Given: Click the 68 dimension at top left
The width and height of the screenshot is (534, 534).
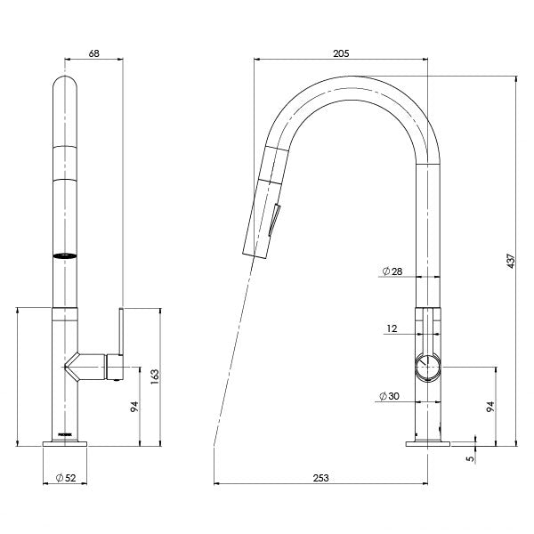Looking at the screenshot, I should click(93, 53).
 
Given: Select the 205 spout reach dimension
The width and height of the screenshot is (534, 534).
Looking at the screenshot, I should click(340, 53).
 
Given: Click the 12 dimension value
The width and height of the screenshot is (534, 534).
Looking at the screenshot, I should click(392, 328).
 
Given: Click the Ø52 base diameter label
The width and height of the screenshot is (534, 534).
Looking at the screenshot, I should click(67, 478).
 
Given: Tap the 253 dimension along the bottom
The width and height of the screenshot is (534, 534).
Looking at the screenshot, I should click(321, 478).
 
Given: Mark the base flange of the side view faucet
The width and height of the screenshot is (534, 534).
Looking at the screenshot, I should click(429, 442).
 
